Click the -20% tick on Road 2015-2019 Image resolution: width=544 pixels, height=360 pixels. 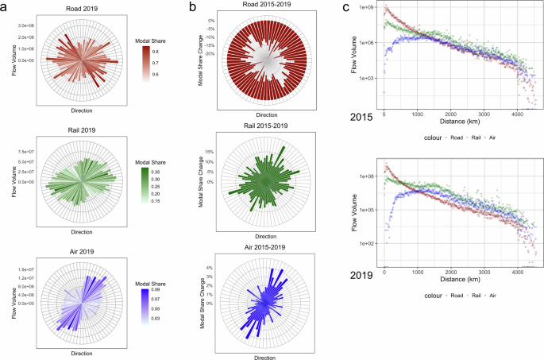[210, 53]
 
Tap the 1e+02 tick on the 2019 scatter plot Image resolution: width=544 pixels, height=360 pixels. [368, 244]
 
